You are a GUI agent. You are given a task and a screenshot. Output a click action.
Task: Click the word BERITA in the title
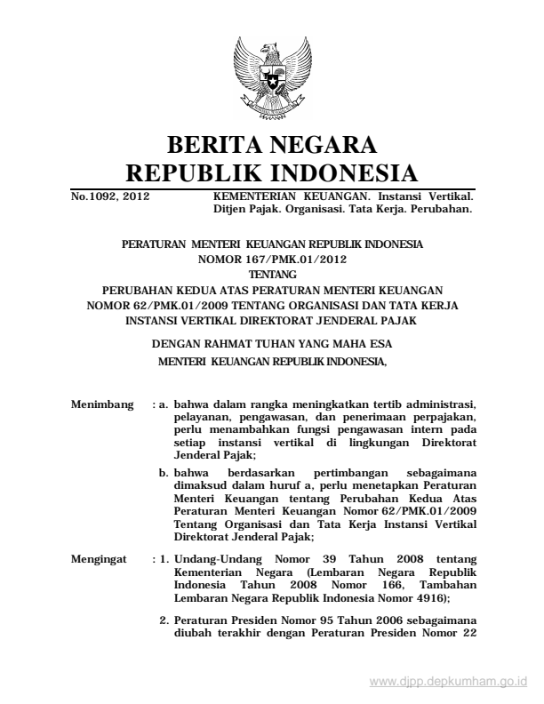coord(215,144)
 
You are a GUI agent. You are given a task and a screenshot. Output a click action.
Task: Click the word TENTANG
coord(273,274)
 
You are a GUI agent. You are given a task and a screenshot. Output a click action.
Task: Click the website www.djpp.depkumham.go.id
coord(448,682)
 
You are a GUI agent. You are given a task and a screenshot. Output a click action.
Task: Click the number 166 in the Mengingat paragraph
coord(346,586)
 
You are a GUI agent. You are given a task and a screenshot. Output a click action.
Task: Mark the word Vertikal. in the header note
coord(451,194)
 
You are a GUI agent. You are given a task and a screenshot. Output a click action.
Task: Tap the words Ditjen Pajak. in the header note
coord(235,210)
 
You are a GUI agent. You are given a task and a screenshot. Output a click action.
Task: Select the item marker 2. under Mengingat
coord(164,620)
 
